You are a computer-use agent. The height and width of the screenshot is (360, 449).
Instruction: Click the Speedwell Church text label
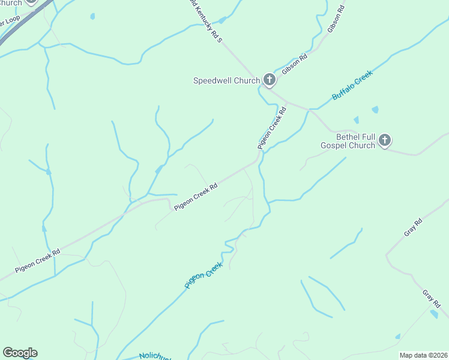[x=226, y=80]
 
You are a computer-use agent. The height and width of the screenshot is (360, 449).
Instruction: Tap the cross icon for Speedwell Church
[x=270, y=80]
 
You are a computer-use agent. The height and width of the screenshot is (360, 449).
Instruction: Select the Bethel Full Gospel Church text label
[x=348, y=141]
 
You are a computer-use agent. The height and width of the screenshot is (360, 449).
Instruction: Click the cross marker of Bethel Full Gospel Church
[x=385, y=141]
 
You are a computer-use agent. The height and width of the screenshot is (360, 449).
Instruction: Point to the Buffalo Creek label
[x=352, y=85]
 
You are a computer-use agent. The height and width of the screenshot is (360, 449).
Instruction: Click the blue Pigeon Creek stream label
[x=203, y=275]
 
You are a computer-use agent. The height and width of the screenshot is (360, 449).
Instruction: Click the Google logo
[x=20, y=353]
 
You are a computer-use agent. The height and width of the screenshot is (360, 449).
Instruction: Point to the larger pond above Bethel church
[x=375, y=110]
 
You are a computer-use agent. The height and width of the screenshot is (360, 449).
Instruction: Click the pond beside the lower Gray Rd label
[x=434, y=314]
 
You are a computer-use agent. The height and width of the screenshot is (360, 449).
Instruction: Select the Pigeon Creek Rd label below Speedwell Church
[x=273, y=128]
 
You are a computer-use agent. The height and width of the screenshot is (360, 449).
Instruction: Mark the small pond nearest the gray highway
[x=92, y=16]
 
